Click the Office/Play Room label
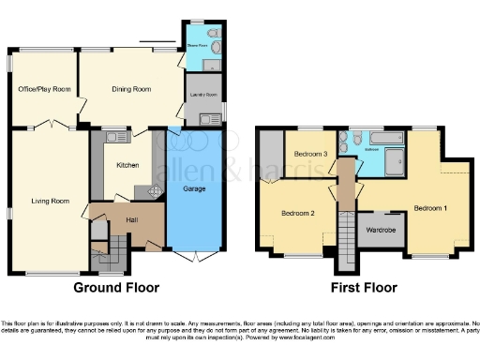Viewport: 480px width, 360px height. pos(44,90)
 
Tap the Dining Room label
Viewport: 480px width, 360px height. pos(131,90)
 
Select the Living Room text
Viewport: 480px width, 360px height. pos(52,201)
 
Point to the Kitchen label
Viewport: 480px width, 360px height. pos(127,165)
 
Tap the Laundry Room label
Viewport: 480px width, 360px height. pos(205,95)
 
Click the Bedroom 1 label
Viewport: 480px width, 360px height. pos(430,207)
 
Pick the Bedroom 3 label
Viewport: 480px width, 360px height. pos(309,154)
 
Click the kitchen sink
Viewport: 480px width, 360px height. pos(115,138)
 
